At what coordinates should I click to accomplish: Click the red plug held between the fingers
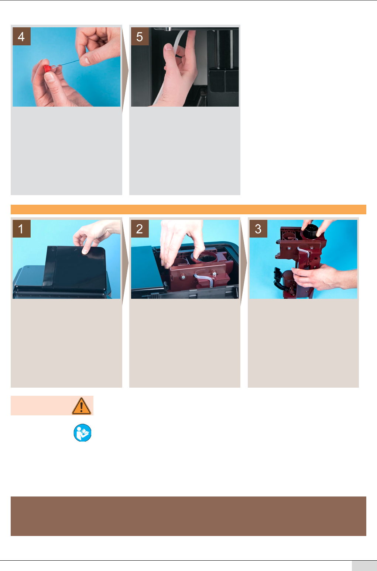tap(47, 68)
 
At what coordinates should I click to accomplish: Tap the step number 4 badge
tap(22, 36)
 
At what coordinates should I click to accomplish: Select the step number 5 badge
tap(140, 36)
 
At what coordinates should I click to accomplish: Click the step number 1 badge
tap(22, 229)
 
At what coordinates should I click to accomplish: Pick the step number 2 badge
tap(140, 229)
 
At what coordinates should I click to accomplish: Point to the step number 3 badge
tap(258, 229)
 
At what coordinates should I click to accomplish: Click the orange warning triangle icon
tap(82, 406)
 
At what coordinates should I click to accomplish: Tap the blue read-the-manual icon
tap(82, 433)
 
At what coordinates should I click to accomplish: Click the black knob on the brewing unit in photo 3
tap(311, 231)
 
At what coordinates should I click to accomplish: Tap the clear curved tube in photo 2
tap(204, 279)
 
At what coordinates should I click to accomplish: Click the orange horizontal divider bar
tap(188, 209)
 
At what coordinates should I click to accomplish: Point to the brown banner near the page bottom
tap(188, 516)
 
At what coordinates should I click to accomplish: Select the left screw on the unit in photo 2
tap(183, 277)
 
